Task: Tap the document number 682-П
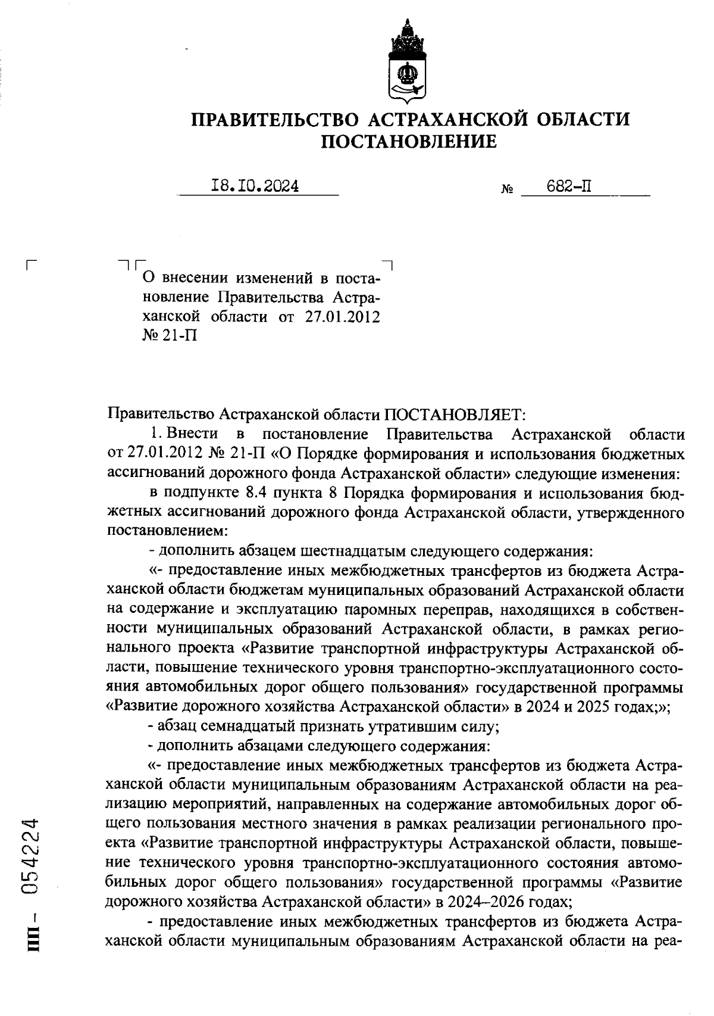click(569, 186)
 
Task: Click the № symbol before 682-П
click(508, 191)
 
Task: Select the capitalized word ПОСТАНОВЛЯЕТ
click(455, 413)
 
